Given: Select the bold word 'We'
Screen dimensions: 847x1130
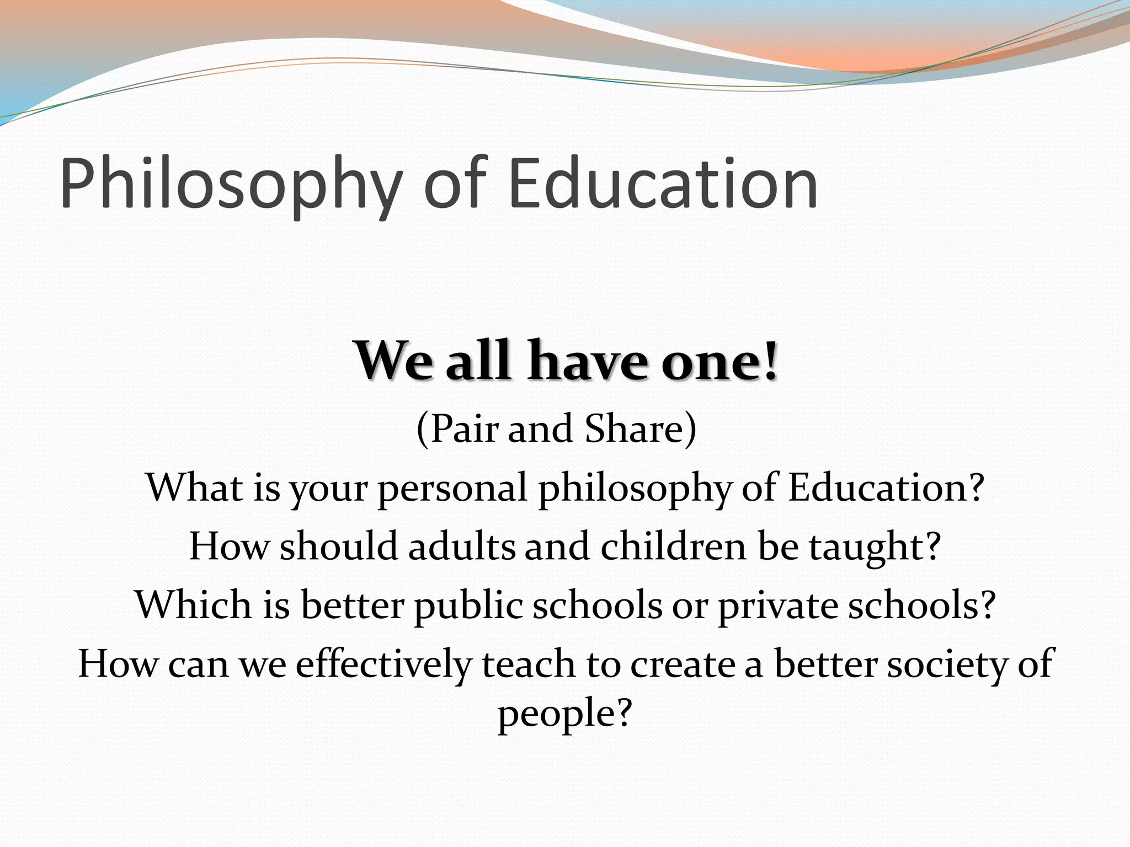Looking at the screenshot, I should click(393, 361).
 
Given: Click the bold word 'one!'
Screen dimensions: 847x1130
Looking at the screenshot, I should click(720, 361).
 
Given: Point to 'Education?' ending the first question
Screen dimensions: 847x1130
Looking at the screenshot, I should click(886, 487).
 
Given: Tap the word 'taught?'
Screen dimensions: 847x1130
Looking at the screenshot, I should click(875, 548).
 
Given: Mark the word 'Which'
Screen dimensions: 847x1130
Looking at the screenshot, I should click(194, 605).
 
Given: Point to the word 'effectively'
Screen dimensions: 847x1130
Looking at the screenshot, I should click(383, 664).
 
